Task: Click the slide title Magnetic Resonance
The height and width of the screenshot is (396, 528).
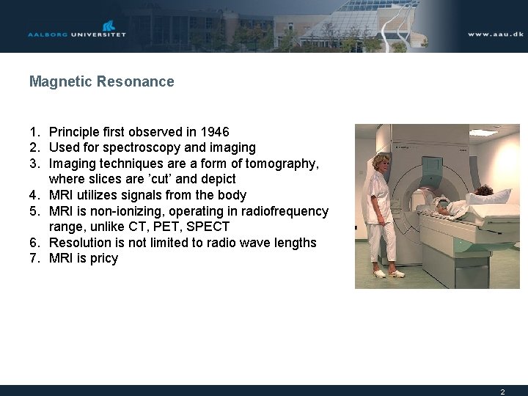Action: click(101, 81)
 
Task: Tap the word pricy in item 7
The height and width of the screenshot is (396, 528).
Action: click(103, 258)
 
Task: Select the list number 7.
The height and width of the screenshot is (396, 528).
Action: click(34, 258)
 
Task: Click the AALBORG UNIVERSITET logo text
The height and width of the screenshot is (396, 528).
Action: click(77, 34)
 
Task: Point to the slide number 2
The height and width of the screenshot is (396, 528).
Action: click(502, 392)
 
